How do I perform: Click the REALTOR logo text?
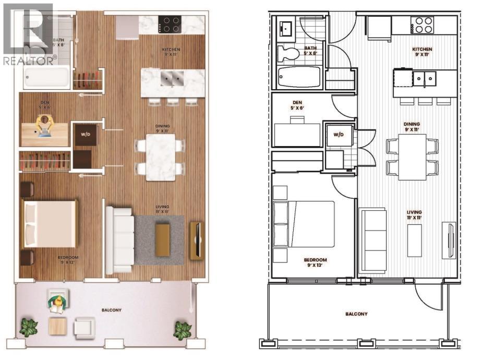coord(29,61)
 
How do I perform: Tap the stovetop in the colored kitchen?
coord(170,24)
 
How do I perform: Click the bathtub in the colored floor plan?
coord(47,80)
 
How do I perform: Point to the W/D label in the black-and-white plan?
coord(339,135)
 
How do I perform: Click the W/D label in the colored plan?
coord(85,134)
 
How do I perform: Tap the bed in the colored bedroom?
coord(50,224)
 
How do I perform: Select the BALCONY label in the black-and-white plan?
coord(356,314)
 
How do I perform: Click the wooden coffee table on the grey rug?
coord(162,240)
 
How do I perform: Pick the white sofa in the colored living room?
coord(119,239)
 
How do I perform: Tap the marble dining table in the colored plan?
coord(160,157)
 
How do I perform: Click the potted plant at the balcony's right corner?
coord(182,330)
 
